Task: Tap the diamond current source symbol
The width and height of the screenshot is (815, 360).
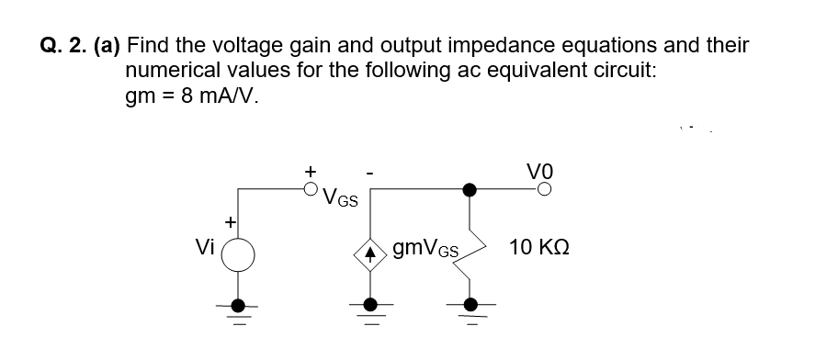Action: click(x=369, y=249)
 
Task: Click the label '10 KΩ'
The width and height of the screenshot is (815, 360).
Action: click(x=544, y=249)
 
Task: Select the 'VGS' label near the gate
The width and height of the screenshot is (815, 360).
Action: click(x=342, y=197)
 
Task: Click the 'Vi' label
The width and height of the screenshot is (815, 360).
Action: click(x=206, y=249)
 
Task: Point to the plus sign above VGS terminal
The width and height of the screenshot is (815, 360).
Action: click(x=311, y=171)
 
